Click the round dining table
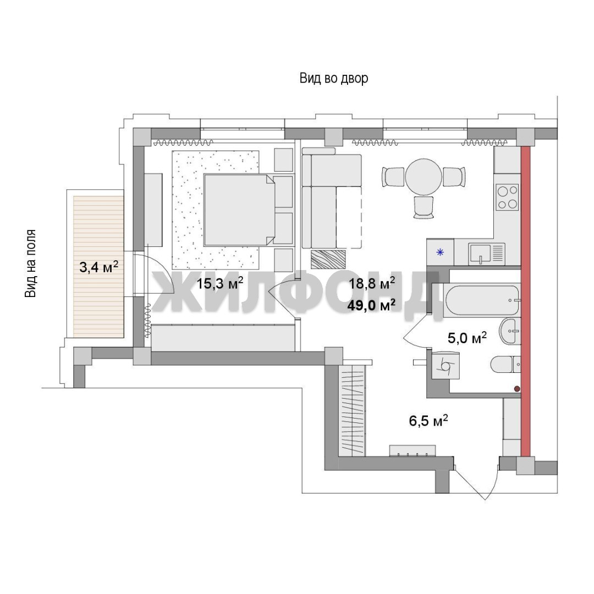click(x=424, y=177)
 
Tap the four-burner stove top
click(x=508, y=197)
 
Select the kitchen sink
click(x=487, y=254)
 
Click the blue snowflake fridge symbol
click(x=440, y=252)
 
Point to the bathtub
click(x=481, y=301)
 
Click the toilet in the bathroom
click(x=506, y=365)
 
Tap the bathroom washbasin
click(x=510, y=332)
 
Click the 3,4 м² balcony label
click(x=99, y=267)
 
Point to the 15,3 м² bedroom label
click(x=219, y=283)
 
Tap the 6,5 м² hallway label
click(x=428, y=420)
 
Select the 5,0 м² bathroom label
click(x=467, y=338)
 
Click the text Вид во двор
click(x=334, y=79)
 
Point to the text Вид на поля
click(x=30, y=263)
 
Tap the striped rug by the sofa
click(x=328, y=260)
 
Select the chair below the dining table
click(x=424, y=207)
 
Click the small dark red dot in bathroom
click(x=516, y=389)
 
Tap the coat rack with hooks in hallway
click(x=413, y=451)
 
